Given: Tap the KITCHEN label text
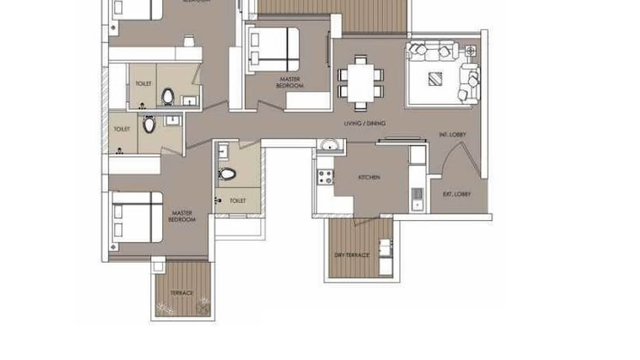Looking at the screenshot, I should point(369,177).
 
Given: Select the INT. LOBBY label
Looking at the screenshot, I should point(452,135).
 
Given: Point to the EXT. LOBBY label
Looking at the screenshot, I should point(457,194).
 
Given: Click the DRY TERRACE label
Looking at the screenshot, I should point(352,256).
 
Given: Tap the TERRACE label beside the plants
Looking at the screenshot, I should point(181,294).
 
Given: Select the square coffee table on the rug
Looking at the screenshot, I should point(436,80).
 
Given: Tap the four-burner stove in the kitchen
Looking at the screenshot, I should point(326,178).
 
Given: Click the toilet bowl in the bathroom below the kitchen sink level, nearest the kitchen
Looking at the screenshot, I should point(227,174).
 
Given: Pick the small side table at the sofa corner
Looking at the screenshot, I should point(470,51).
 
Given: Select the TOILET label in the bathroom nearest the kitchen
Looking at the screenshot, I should point(237,201).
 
